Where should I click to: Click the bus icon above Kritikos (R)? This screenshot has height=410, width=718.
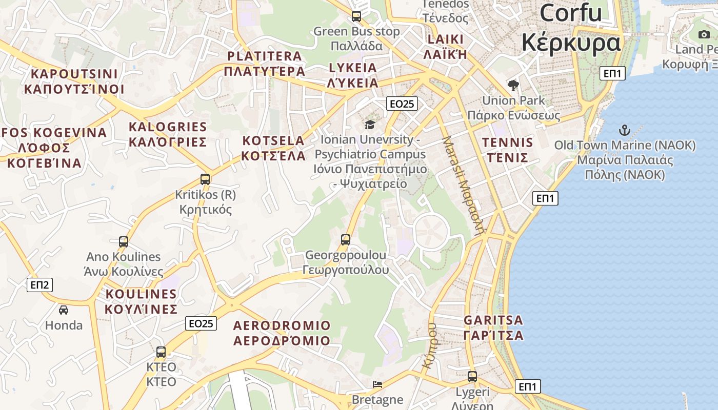[x=205, y=179]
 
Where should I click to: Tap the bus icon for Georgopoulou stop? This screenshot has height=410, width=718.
[x=346, y=239]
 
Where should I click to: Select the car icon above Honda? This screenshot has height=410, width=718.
[x=64, y=310]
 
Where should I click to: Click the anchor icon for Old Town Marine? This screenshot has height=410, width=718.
[x=625, y=130]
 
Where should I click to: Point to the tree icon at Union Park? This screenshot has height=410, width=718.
[x=513, y=85]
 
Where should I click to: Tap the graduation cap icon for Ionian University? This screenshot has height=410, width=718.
[x=369, y=125]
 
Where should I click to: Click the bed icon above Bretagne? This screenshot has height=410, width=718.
[x=377, y=384]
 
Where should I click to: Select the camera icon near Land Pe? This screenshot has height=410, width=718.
[x=704, y=34]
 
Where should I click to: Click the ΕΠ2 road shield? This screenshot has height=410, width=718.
[x=39, y=285]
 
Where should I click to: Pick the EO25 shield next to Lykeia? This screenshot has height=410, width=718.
[x=402, y=104]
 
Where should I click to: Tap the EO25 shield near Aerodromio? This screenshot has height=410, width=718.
[x=201, y=323]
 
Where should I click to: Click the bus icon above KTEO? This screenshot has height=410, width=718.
[x=161, y=352]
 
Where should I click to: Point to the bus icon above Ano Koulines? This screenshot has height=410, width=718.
[x=123, y=241]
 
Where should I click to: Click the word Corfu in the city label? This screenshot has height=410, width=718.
[x=570, y=13]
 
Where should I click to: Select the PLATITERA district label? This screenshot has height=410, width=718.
[x=265, y=56]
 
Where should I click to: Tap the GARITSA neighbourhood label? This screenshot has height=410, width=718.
[x=493, y=320]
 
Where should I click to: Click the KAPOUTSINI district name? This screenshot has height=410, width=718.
[x=74, y=74]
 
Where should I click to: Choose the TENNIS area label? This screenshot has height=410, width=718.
[x=508, y=142]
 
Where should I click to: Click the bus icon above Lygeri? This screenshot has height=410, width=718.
[x=472, y=377]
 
